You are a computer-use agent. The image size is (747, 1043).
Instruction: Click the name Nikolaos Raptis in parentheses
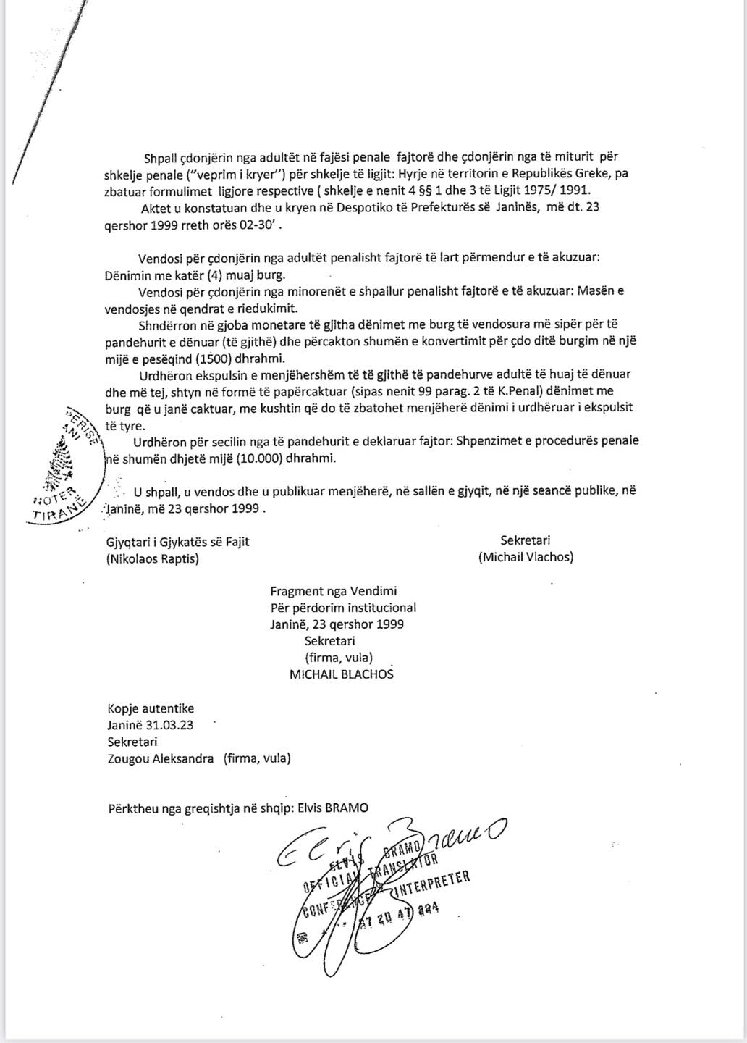pos(152,558)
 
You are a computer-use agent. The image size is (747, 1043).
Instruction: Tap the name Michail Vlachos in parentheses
pos(526,557)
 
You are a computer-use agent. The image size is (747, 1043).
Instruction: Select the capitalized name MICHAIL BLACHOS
pos(342,674)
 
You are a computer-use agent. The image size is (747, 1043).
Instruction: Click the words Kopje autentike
pos(151,708)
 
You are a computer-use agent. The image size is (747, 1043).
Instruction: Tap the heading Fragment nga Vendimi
pos(333,591)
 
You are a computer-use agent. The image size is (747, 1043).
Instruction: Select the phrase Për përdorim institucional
pos(343,608)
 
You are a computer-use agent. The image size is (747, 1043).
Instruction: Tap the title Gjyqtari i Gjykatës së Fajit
pos(177,541)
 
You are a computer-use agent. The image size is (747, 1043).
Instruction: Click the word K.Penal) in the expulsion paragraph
pos(512,391)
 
